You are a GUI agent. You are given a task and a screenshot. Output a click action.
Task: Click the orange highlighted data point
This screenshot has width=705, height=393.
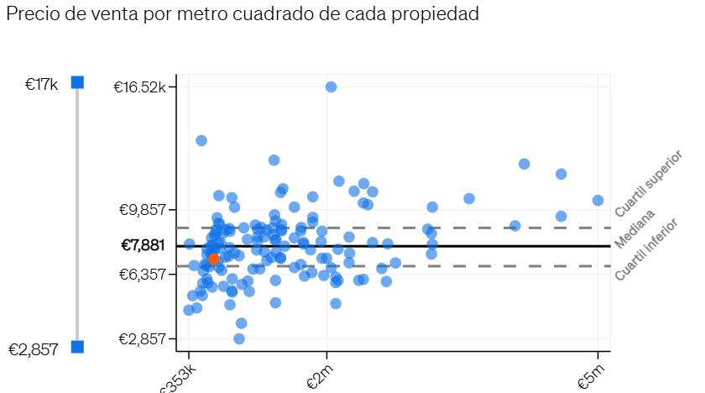pyautogui.click(x=213, y=259)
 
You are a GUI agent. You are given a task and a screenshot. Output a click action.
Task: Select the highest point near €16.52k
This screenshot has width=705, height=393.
pyautogui.click(x=332, y=86)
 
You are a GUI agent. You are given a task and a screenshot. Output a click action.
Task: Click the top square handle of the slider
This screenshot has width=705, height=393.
pyautogui.click(x=77, y=82)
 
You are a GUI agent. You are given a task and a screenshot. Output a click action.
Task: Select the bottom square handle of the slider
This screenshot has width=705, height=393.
pyautogui.click(x=77, y=347)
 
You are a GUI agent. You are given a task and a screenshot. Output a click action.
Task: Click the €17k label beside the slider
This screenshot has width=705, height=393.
pyautogui.click(x=41, y=84)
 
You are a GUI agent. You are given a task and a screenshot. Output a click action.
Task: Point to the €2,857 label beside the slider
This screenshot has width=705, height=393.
pyautogui.click(x=34, y=349)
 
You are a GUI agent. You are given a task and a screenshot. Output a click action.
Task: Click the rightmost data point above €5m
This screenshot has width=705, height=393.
pyautogui.click(x=598, y=200)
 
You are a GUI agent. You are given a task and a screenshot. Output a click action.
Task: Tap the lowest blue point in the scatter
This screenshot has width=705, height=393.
pyautogui.click(x=239, y=338)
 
